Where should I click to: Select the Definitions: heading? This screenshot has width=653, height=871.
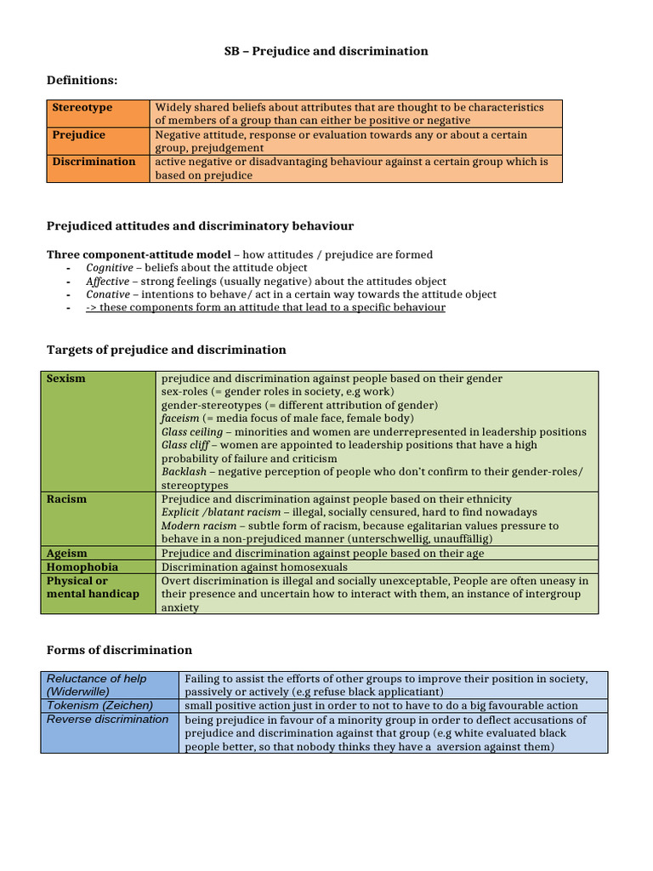(x=82, y=80)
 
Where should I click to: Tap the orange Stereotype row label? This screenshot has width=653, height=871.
(x=82, y=108)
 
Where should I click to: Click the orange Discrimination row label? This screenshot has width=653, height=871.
(x=94, y=162)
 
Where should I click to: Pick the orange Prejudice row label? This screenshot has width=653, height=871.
(x=79, y=135)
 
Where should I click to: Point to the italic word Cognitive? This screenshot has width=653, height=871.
(x=109, y=268)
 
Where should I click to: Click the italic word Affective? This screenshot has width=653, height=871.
(x=108, y=282)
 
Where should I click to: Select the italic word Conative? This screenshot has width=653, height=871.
(x=108, y=294)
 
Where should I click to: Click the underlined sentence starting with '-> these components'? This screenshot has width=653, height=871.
(x=265, y=308)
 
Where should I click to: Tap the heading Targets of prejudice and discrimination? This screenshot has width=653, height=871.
(x=166, y=350)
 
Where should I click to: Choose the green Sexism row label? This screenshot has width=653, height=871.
(x=66, y=379)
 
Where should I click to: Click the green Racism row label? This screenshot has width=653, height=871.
(x=66, y=499)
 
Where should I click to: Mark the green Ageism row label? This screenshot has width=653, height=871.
(x=67, y=554)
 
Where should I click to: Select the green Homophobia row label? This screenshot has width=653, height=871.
(x=82, y=567)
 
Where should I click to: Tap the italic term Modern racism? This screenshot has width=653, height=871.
(x=199, y=527)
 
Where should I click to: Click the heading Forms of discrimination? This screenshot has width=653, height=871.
(x=119, y=650)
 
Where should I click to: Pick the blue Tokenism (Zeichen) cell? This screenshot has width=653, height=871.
(x=99, y=706)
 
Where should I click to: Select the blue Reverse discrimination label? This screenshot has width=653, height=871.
(x=107, y=720)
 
